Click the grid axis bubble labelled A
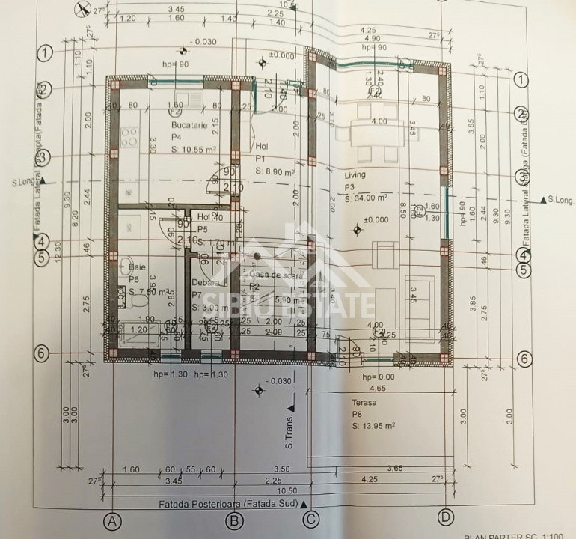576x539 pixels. pos(112,519)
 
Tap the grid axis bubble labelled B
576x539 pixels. pos(234,519)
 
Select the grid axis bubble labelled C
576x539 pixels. pos(310,518)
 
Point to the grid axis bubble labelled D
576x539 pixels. pos(447,516)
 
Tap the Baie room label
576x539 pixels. pos(137,266)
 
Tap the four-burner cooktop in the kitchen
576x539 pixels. pos(129,136)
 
